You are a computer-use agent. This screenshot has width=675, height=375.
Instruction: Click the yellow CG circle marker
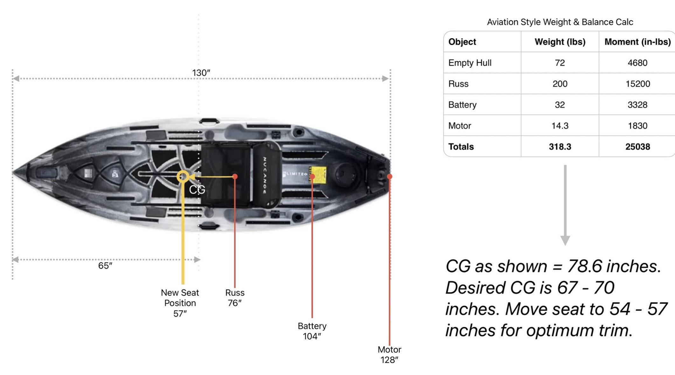[x=183, y=176]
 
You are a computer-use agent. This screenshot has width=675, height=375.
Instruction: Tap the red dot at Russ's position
[x=235, y=177]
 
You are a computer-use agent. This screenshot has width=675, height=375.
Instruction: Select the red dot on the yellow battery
[x=312, y=177]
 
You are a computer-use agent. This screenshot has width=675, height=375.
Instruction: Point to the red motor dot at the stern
[x=390, y=176]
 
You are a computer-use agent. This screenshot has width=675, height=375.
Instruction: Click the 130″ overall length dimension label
[x=201, y=73]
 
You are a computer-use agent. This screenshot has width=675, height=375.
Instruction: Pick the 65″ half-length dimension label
[x=105, y=266]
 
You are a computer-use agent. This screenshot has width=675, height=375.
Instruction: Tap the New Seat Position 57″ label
[x=180, y=303]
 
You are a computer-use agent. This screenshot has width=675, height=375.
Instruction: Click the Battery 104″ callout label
[x=312, y=331]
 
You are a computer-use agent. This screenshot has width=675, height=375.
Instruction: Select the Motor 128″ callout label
[x=389, y=355]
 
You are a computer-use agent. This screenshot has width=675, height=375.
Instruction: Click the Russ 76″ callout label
[x=235, y=298]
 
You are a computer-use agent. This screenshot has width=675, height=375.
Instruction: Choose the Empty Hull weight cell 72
[x=560, y=63]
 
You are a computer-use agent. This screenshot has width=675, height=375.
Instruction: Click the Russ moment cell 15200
[x=637, y=84]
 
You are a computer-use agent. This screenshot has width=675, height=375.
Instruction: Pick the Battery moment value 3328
[x=637, y=105]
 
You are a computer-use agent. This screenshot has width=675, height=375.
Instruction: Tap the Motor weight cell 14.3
[x=560, y=126]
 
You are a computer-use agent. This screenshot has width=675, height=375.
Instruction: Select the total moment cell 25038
[x=637, y=147]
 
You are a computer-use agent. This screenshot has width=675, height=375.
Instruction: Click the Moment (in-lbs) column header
[x=637, y=42]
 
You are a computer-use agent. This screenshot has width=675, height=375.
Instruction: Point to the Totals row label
[x=461, y=147]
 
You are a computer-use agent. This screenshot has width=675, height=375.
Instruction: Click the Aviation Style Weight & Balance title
[x=560, y=22]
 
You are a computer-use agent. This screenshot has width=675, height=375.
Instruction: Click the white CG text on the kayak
[x=197, y=190]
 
